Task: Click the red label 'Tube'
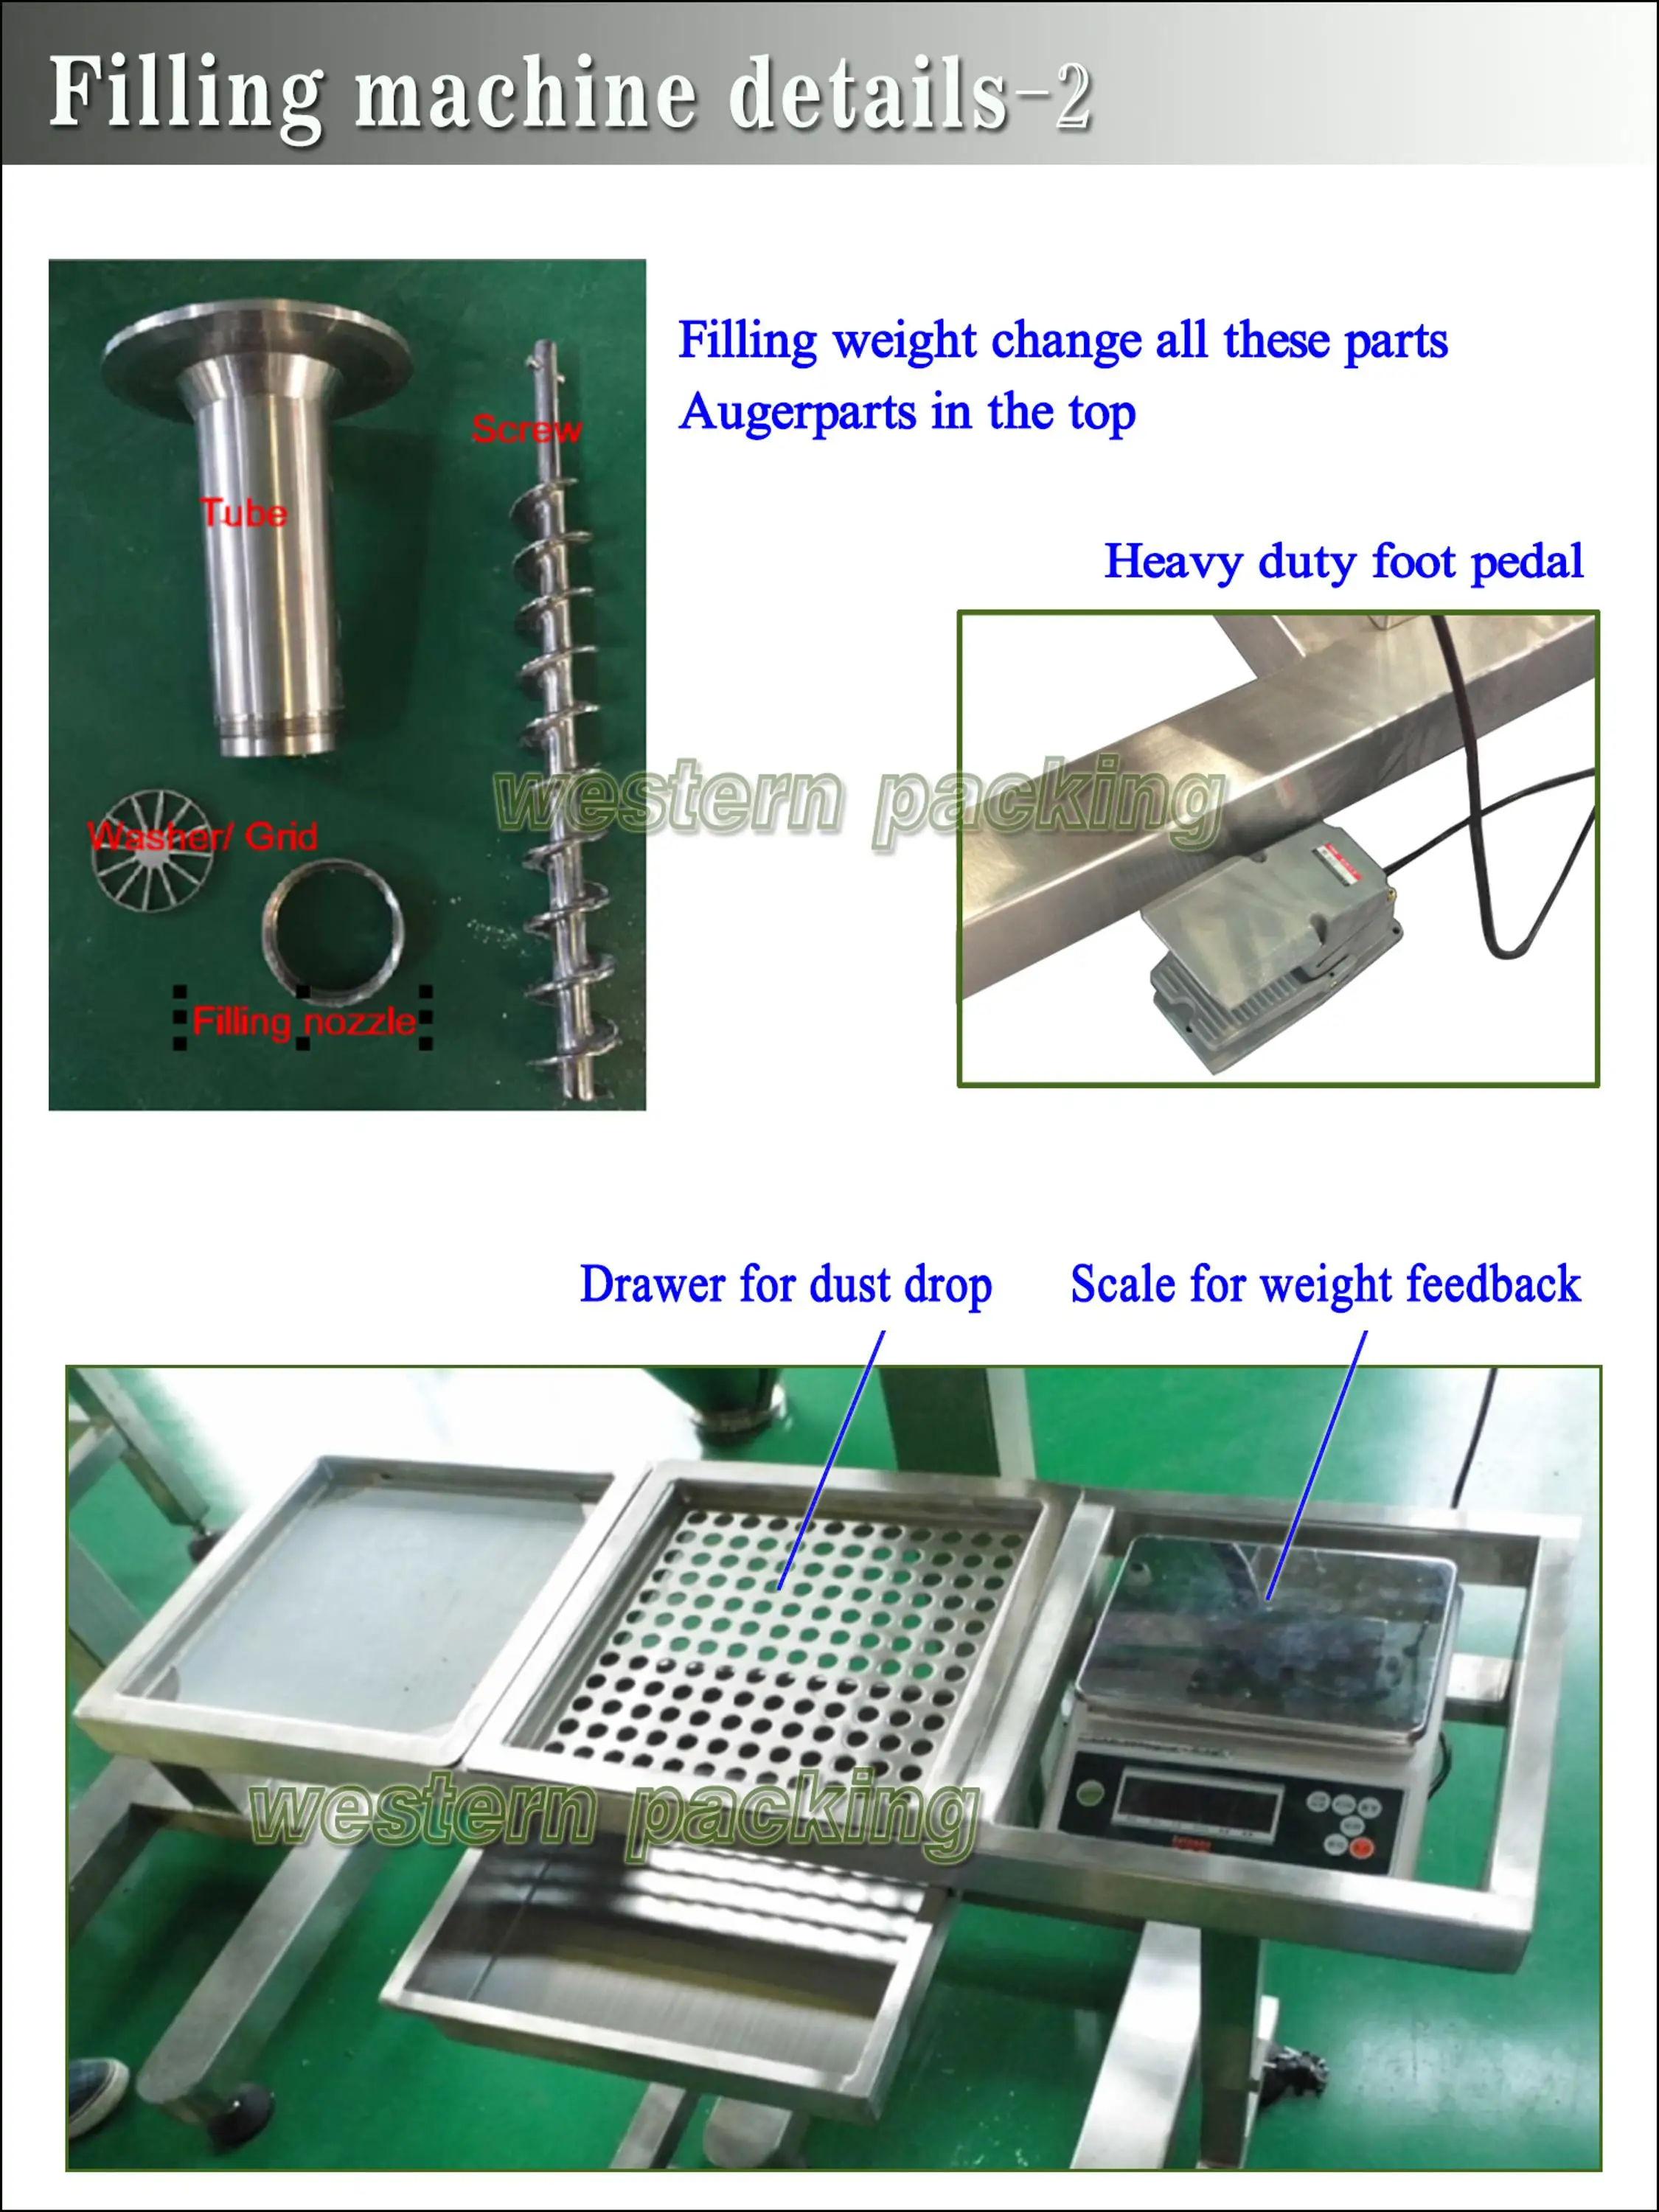point(243,513)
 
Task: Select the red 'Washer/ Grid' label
point(202,836)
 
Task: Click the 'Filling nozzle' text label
point(303,1021)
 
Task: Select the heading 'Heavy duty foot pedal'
point(1343,561)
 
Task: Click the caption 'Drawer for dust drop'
point(785,1285)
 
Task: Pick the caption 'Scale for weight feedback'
point(1325,1285)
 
